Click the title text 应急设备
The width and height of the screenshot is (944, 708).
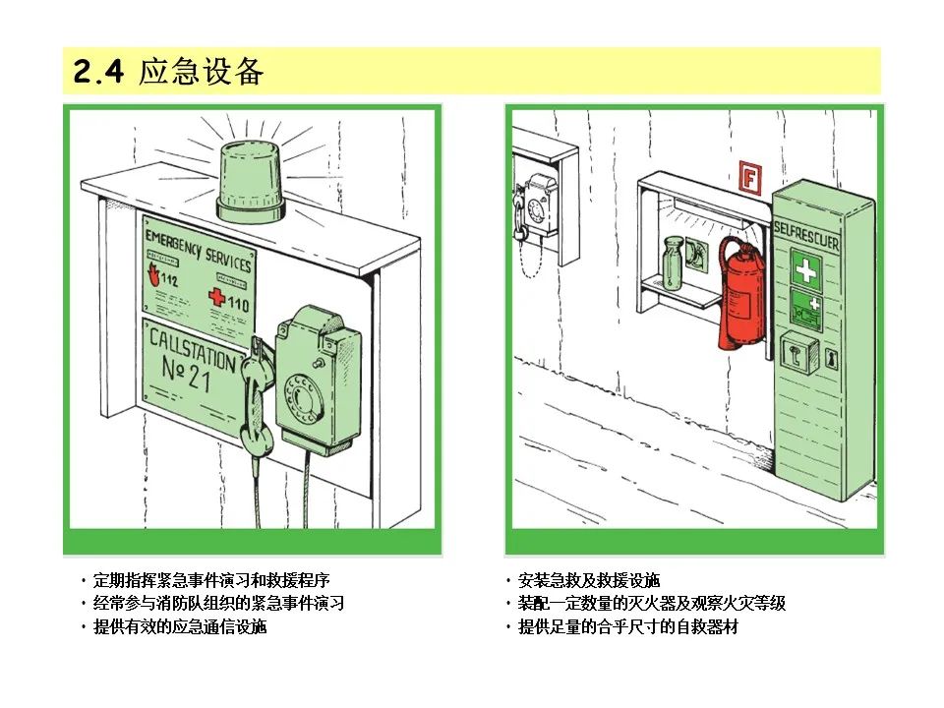tap(201, 72)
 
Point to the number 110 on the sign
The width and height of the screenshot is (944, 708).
tap(238, 304)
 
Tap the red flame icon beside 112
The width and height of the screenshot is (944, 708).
tap(151, 272)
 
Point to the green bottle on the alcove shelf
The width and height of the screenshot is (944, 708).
tap(674, 263)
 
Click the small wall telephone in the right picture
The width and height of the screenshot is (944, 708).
tap(538, 206)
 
